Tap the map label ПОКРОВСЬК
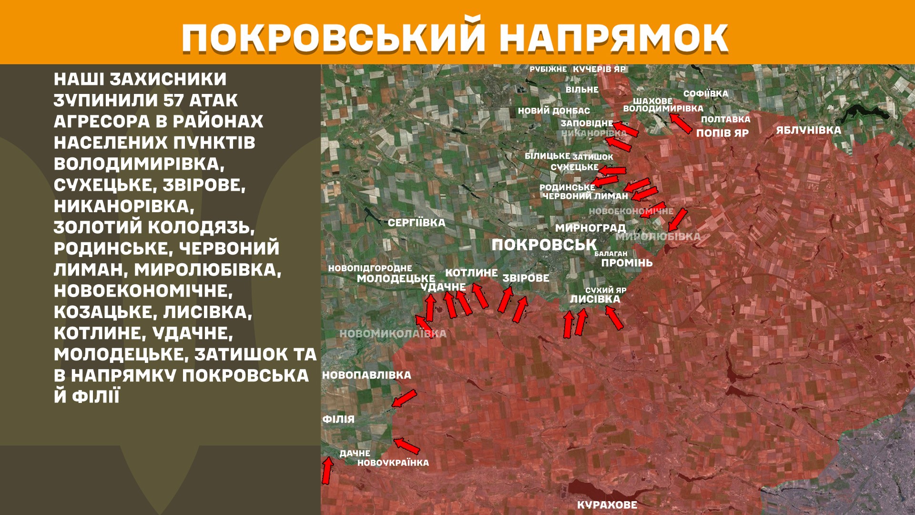[544, 245]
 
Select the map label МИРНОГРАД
[590, 228]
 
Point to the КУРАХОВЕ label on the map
[607, 505]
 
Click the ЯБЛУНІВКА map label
[808, 130]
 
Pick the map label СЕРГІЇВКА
[416, 223]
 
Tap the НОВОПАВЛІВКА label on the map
[366, 375]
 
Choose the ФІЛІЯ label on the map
[338, 419]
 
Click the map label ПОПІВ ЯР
[722, 133]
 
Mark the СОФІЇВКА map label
[705, 94]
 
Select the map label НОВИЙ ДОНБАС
[554, 111]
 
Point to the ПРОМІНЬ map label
[627, 263]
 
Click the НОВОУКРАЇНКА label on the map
[393, 463]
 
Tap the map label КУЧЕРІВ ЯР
[599, 69]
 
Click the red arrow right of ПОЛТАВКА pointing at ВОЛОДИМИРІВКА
[681, 122]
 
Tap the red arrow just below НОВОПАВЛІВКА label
[404, 398]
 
